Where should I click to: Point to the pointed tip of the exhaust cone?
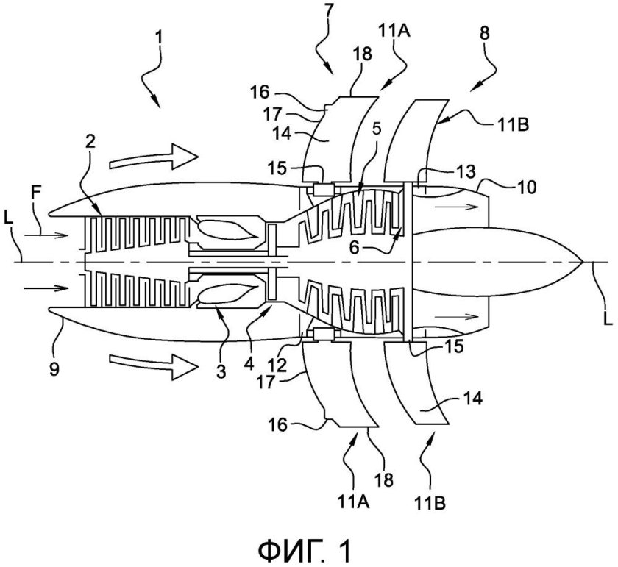[x=584, y=261]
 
